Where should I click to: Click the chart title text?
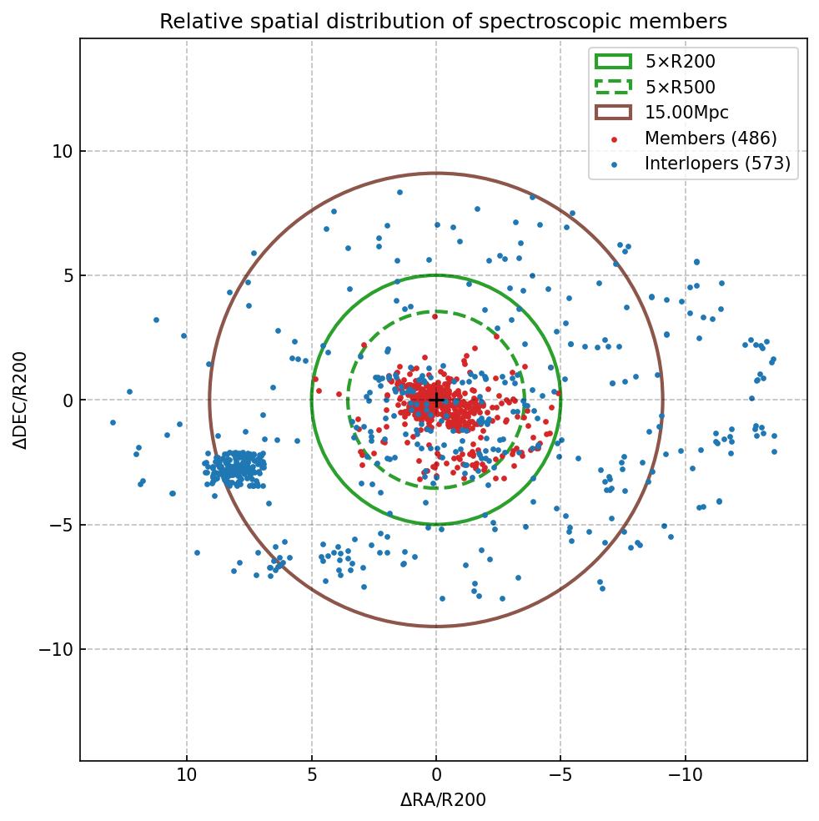443,22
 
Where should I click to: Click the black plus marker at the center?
436,400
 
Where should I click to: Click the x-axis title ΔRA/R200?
443,801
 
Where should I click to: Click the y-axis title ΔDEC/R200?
21,400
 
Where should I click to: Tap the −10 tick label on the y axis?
56,650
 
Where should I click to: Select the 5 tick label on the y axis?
66,276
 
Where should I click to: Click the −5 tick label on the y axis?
61,526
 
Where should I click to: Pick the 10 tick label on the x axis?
187,776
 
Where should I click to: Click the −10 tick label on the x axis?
685,776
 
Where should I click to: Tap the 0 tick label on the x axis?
436,776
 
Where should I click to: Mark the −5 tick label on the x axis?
560,776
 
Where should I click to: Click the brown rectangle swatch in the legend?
613,113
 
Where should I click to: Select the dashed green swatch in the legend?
613,87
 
